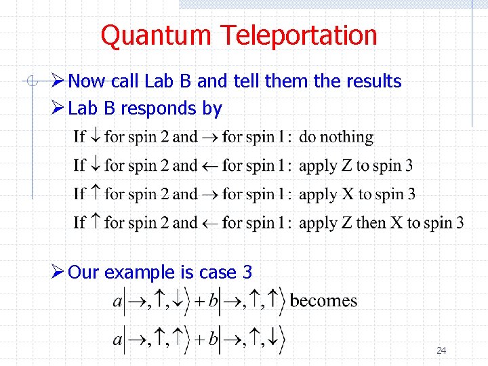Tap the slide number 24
441,350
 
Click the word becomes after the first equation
323,300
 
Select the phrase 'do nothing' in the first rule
336,137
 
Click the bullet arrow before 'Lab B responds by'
58,108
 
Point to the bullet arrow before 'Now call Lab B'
58,81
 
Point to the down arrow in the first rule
96,137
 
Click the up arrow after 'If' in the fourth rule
96,222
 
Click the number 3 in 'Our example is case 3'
247,272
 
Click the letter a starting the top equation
117,302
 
